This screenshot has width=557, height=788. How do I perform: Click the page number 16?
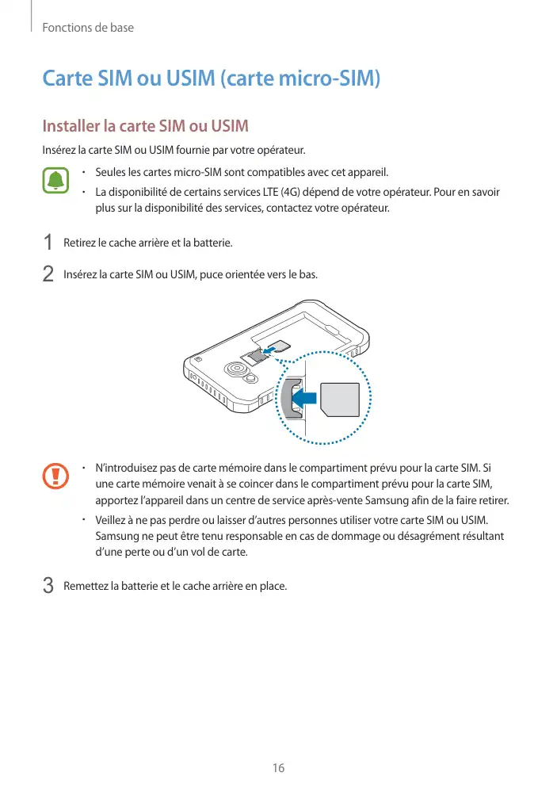pyautogui.click(x=278, y=767)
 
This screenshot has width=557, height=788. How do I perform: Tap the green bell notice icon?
pyautogui.click(x=55, y=181)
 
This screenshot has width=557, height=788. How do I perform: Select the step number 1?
pyautogui.click(x=48, y=242)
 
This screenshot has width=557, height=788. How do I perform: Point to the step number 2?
pyautogui.click(x=48, y=274)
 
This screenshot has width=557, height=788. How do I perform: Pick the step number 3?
pyautogui.click(x=48, y=586)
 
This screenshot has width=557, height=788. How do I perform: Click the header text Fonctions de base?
pyautogui.click(x=88, y=28)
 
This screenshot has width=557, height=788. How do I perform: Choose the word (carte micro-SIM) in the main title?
pyautogui.click(x=300, y=79)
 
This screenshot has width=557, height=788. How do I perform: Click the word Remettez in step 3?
pyautogui.click(x=86, y=587)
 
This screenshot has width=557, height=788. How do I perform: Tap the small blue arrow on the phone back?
pyautogui.click(x=270, y=349)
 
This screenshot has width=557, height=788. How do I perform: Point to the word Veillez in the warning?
pyautogui.click(x=112, y=520)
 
